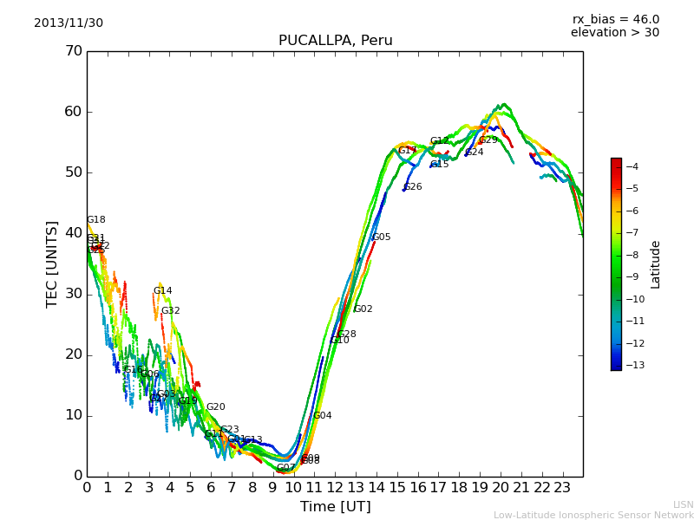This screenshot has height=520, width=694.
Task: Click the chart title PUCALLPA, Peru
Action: coord(335,41)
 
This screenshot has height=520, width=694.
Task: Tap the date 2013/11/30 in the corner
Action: coord(69,23)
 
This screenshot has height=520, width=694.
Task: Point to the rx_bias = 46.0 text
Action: coord(615,20)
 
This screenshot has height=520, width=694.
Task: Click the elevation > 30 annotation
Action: coord(614,33)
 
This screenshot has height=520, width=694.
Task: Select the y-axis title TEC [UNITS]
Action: coord(52,263)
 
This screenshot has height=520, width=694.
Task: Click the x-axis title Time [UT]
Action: coord(335,507)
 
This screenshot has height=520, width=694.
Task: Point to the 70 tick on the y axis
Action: coord(74,51)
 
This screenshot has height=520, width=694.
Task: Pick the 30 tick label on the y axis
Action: coord(74,294)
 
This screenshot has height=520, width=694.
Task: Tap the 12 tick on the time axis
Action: coord(335,488)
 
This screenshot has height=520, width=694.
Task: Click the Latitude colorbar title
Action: coord(656,264)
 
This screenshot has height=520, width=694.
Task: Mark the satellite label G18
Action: coord(96,220)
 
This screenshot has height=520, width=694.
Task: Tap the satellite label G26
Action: coord(413,187)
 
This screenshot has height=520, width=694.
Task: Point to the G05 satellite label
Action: coord(382,237)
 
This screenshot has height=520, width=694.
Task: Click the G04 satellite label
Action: coord(323,416)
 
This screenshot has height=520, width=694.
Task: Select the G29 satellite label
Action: coord(488,140)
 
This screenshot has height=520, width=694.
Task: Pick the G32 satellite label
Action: coord(171,311)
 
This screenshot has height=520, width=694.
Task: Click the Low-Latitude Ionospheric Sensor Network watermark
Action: coord(593,516)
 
